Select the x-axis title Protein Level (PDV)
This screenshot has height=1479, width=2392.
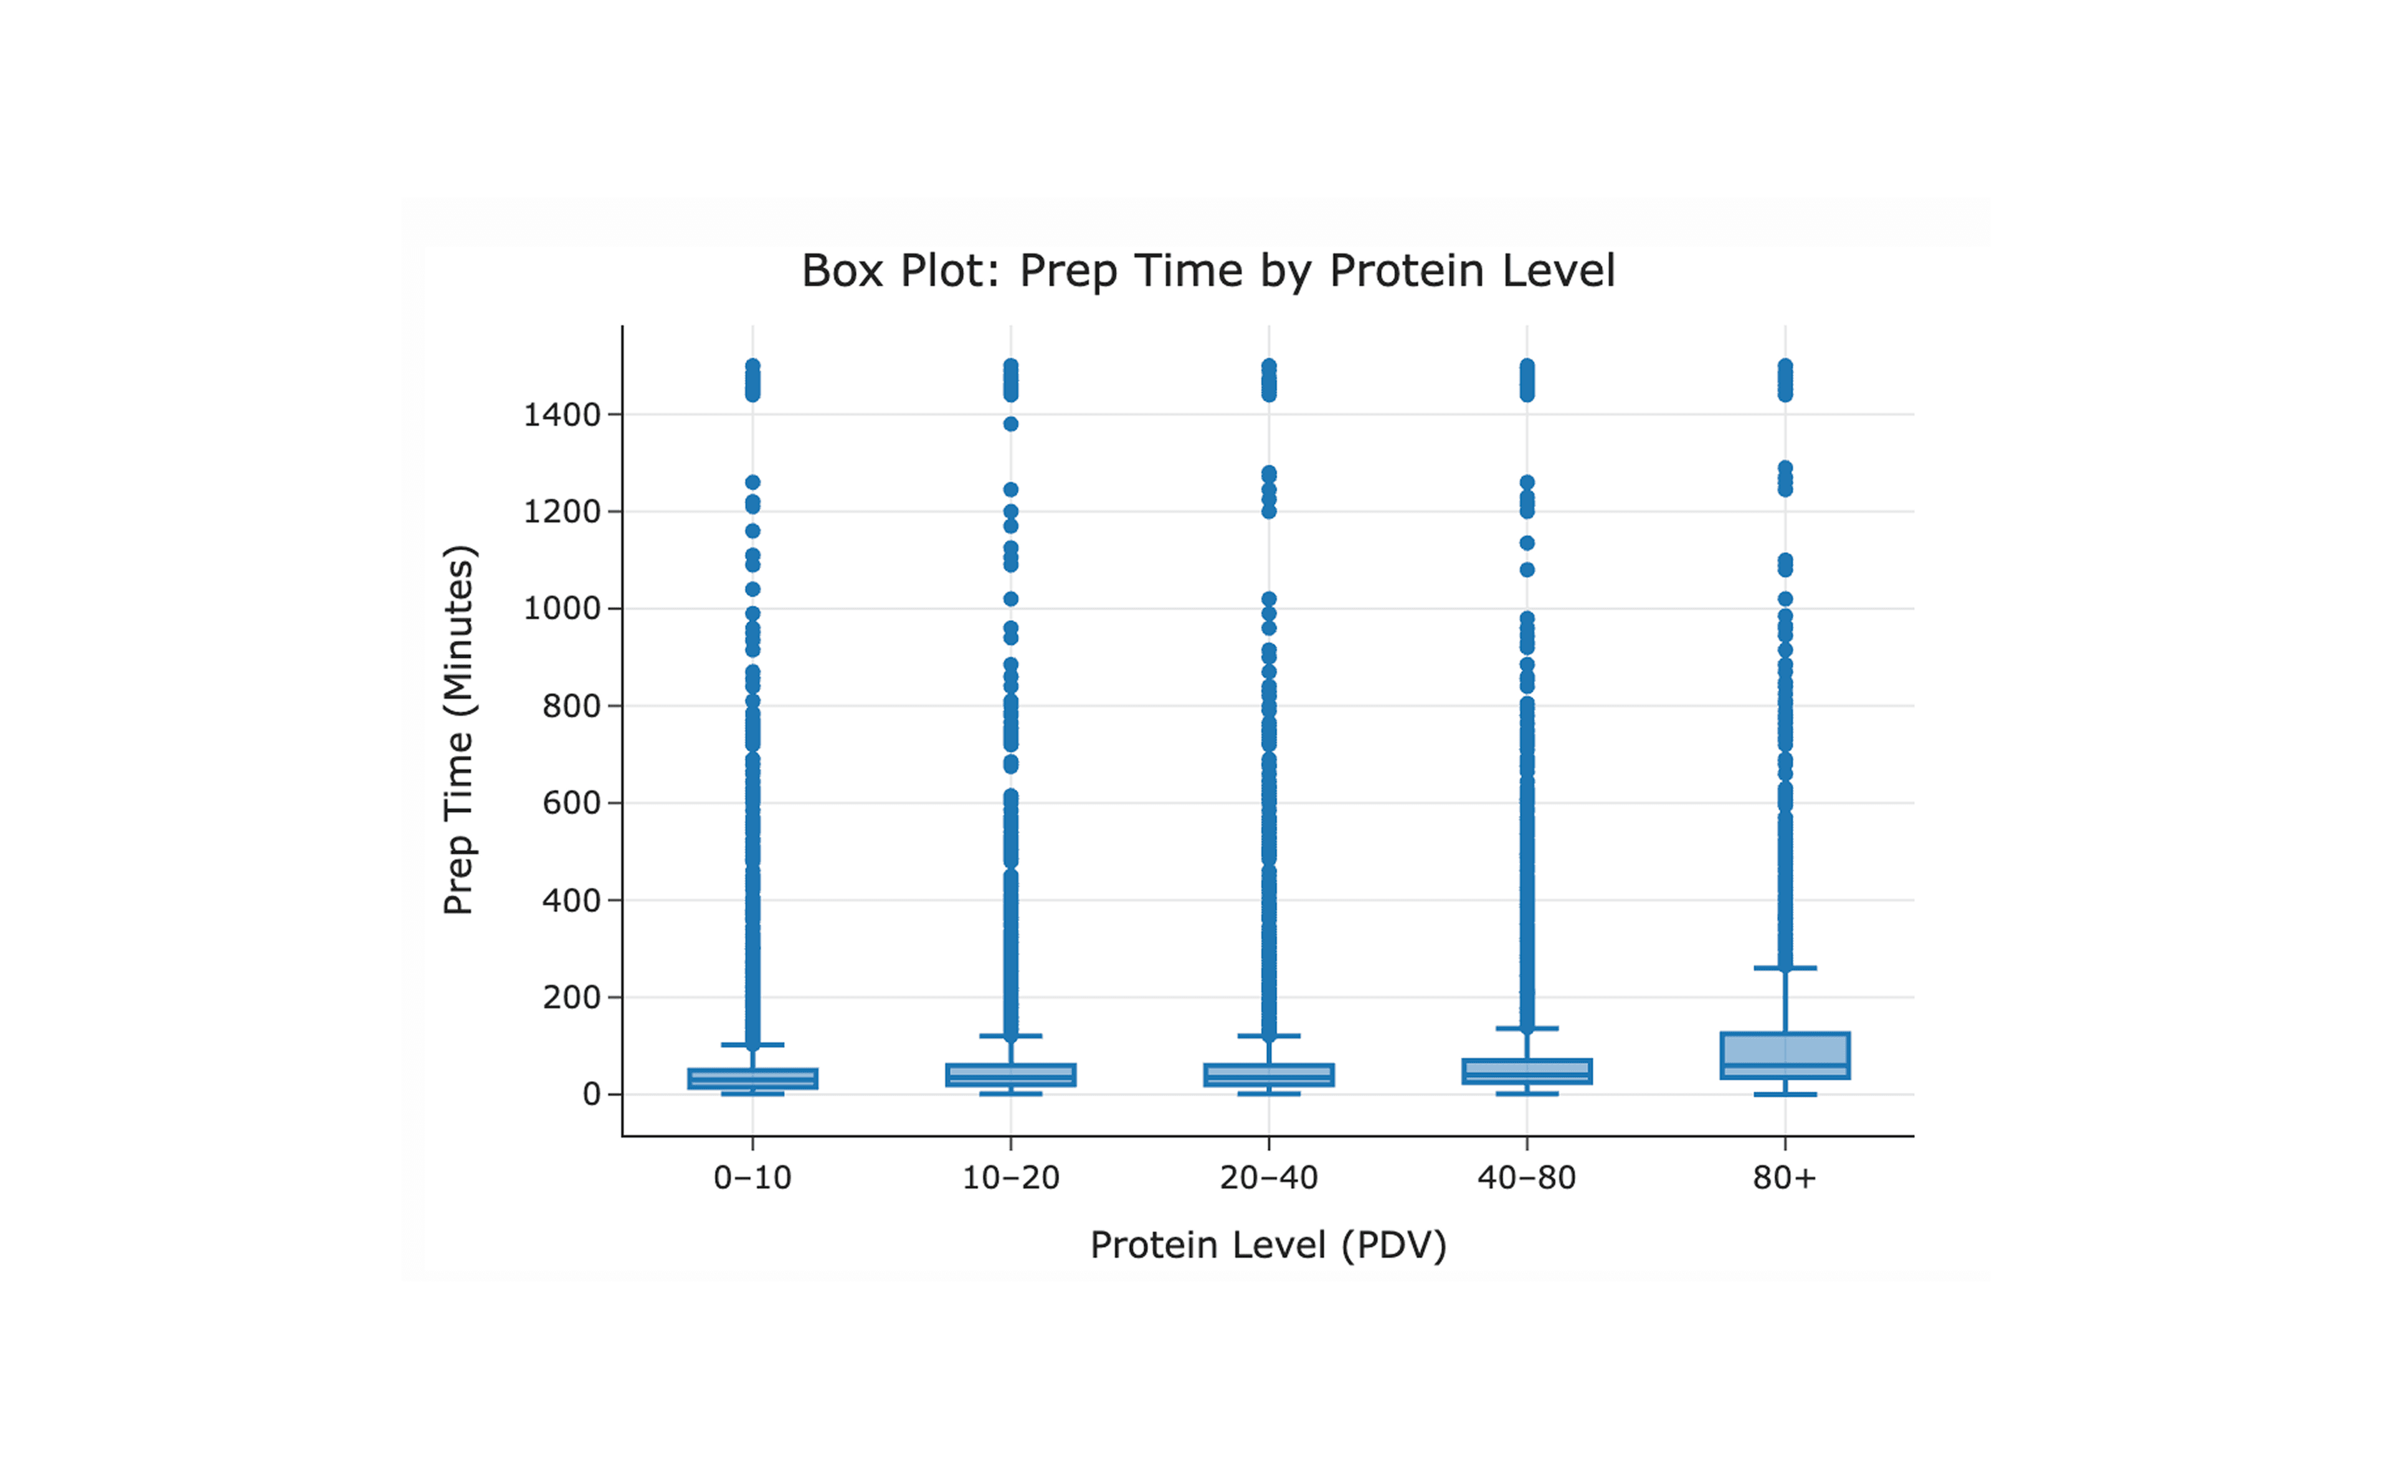coord(1268,1245)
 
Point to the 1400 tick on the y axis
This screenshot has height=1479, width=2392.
coord(561,415)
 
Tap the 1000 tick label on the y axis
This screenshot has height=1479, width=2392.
coord(561,608)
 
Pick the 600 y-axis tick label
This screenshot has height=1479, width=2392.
coord(571,803)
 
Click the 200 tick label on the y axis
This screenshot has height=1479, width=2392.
coord(571,998)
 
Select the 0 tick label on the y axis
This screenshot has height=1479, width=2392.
coord(591,1095)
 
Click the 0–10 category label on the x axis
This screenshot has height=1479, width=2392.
coord(752,1178)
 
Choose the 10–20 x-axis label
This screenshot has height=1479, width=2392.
coord(1010,1178)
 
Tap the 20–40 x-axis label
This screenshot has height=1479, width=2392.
coord(1269,1178)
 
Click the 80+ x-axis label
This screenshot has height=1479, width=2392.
coord(1785,1178)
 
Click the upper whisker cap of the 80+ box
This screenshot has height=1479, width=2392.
coord(1785,968)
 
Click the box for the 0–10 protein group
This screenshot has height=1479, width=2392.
coord(752,1078)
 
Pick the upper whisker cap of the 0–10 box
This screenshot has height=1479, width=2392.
coord(752,1045)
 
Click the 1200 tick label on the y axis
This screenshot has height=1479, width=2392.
coord(561,512)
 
